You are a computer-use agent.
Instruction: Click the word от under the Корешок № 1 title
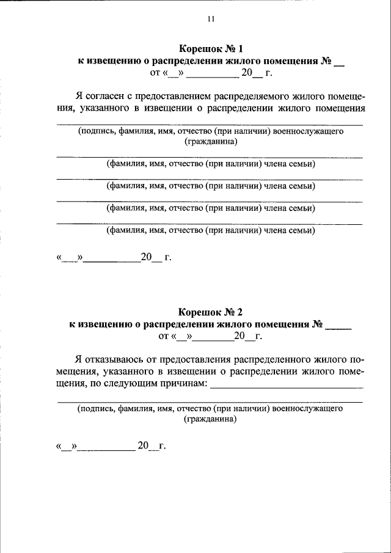tap(155, 75)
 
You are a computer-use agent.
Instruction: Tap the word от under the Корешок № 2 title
tap(163, 337)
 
